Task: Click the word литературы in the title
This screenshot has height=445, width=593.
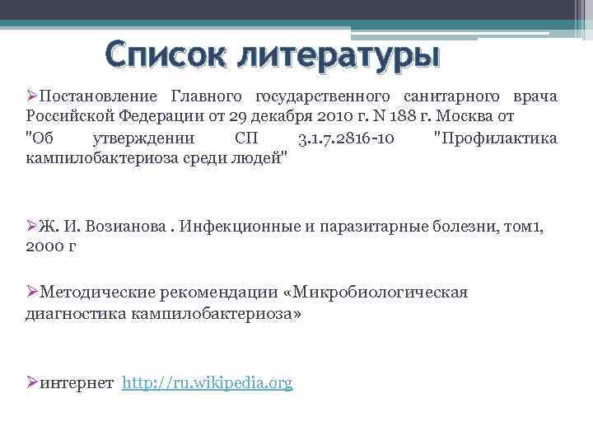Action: point(339,57)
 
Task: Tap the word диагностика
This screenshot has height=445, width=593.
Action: point(69,313)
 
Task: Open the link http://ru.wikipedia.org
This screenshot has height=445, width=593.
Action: point(207,383)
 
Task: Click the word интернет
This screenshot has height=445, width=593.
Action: point(76,383)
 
